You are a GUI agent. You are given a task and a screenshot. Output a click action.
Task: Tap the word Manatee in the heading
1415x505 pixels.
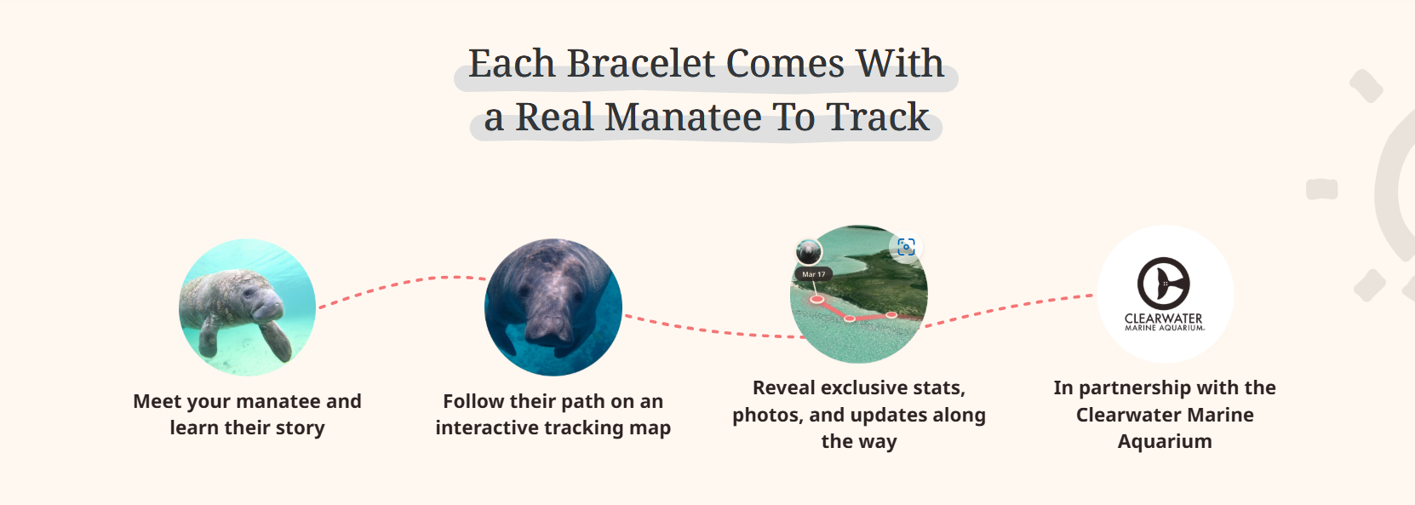click(683, 118)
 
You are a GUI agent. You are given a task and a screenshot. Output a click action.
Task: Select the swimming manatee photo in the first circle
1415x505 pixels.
click(247, 307)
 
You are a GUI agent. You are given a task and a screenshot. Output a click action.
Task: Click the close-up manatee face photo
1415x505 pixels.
click(553, 307)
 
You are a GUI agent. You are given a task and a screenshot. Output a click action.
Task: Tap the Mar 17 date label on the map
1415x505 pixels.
click(813, 274)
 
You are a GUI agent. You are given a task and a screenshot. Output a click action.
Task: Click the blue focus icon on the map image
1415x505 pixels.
click(906, 247)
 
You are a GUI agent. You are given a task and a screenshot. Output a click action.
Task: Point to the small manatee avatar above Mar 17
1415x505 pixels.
click(808, 251)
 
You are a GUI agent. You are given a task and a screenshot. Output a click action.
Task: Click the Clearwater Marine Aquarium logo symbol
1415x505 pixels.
click(1163, 283)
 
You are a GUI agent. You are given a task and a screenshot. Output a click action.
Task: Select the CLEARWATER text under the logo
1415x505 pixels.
click(1163, 318)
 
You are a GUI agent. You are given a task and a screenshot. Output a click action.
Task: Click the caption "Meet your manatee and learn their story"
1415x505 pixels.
click(247, 414)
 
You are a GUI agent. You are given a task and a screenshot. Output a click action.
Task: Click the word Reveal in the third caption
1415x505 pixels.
click(784, 388)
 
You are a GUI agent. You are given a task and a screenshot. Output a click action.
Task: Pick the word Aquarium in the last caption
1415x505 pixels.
click(1164, 441)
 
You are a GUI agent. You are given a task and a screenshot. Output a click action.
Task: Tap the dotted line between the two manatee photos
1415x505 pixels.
click(400, 283)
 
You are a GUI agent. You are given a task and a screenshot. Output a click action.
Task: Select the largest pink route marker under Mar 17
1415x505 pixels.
click(816, 299)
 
